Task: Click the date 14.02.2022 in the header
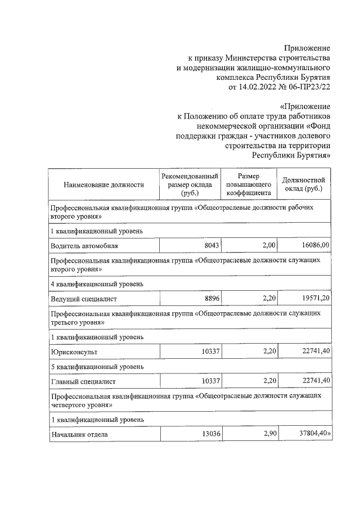point(260,87)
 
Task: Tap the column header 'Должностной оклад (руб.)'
point(305,184)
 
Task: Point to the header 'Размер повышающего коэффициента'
point(249,184)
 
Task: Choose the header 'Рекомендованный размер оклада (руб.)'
point(190,184)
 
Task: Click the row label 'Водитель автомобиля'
point(84,246)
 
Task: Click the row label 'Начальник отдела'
point(79,435)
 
